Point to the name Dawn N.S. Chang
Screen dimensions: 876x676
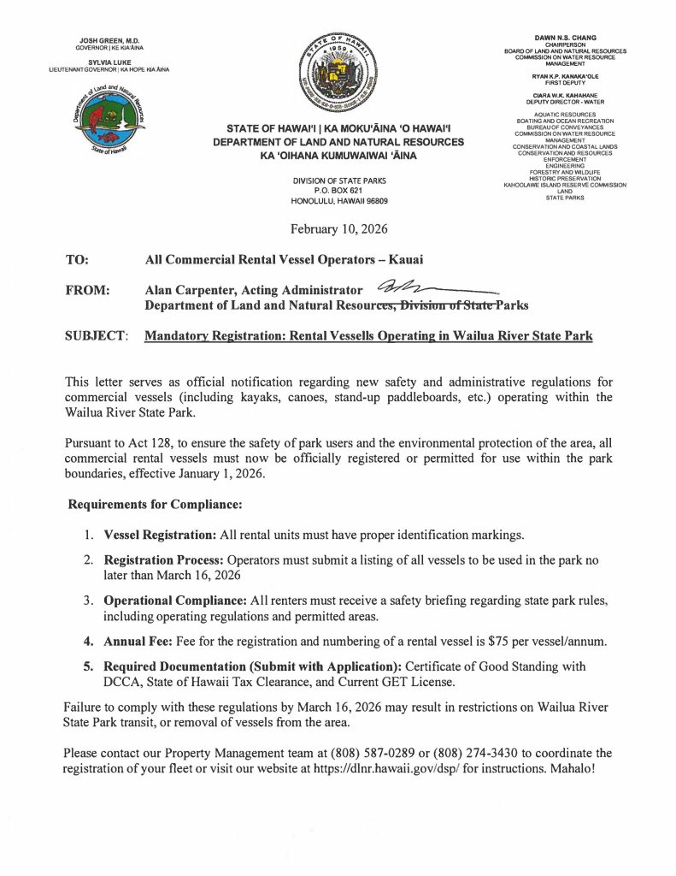point(565,38)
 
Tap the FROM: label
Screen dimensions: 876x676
point(86,290)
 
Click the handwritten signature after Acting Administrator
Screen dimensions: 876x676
point(427,289)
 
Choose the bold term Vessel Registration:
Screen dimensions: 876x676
point(160,535)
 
